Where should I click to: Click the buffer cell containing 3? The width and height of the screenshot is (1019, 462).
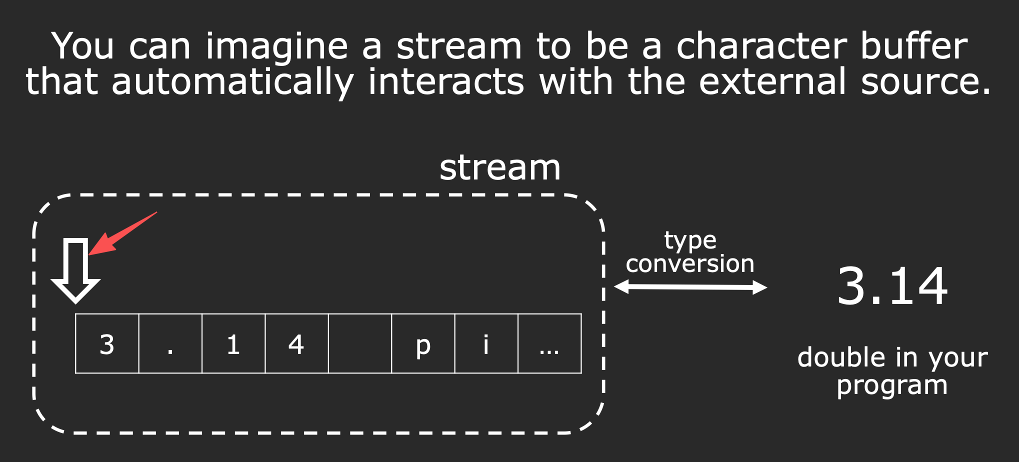[x=107, y=343]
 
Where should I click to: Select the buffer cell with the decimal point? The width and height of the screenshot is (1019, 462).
[x=170, y=343]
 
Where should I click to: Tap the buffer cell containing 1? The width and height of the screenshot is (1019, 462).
[x=233, y=343]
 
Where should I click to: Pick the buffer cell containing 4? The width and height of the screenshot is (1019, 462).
[x=296, y=343]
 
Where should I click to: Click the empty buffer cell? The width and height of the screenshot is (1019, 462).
[x=360, y=343]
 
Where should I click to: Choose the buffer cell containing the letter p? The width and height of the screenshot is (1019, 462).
[x=423, y=343]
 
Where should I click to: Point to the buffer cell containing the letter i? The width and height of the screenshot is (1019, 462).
[x=486, y=343]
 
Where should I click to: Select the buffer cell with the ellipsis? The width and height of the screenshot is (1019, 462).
[x=549, y=343]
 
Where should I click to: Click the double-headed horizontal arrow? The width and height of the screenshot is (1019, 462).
[x=690, y=287]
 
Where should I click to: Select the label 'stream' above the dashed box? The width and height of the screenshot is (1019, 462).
[x=500, y=168]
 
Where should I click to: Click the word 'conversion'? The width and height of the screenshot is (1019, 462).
[x=690, y=263]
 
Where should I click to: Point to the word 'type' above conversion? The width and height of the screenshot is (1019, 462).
[x=690, y=241]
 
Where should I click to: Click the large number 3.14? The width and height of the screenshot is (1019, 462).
[x=892, y=286]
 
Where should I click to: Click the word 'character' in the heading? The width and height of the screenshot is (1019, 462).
[x=761, y=46]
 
